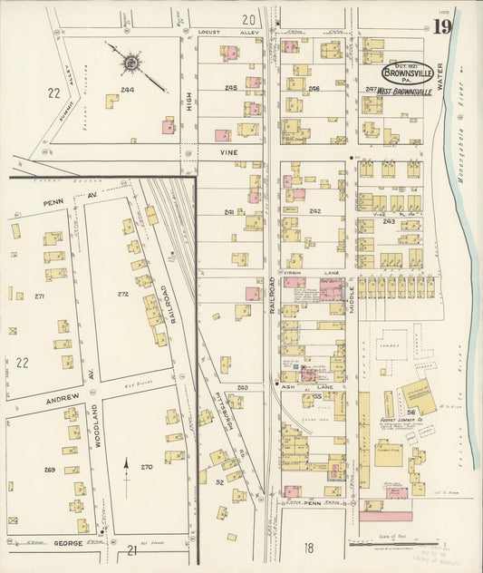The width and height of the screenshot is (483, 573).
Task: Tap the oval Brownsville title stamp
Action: tap(406, 73)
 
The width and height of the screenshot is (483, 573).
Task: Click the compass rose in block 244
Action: tap(131, 63)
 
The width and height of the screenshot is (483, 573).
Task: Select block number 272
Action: tap(123, 294)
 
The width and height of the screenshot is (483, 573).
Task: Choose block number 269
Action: tap(49, 470)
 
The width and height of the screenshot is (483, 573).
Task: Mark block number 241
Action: tap(229, 212)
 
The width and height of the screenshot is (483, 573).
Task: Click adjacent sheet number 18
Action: tap(309, 547)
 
